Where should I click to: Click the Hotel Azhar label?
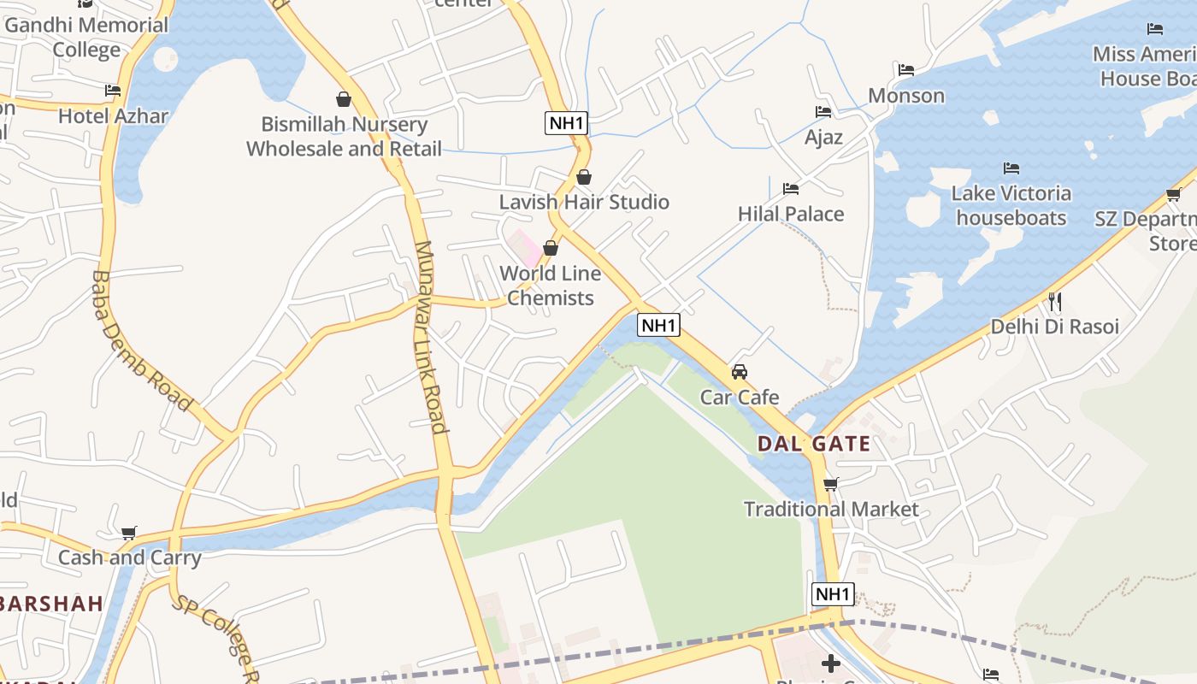tap(113, 115)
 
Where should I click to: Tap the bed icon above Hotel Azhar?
tap(113, 90)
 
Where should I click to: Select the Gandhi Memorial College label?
tap(86, 37)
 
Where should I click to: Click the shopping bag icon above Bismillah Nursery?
tap(344, 99)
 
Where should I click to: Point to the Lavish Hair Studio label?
tap(584, 203)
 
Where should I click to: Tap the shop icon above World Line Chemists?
tap(551, 248)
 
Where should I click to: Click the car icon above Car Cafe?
tap(740, 372)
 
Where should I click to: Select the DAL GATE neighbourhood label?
tap(813, 444)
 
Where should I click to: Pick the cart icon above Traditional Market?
tap(831, 485)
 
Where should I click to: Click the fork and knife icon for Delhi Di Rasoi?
tap(1054, 301)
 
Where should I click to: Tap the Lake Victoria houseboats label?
tap(1011, 205)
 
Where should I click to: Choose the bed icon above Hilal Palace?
tap(791, 189)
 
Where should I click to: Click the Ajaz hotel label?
tap(823, 137)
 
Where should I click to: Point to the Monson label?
tap(906, 95)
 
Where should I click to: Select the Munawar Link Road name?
tap(431, 337)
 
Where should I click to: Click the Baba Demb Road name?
tap(141, 340)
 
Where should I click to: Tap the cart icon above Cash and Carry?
tap(129, 534)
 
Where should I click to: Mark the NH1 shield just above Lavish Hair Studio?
tap(566, 123)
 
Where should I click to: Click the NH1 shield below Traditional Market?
tap(832, 594)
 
